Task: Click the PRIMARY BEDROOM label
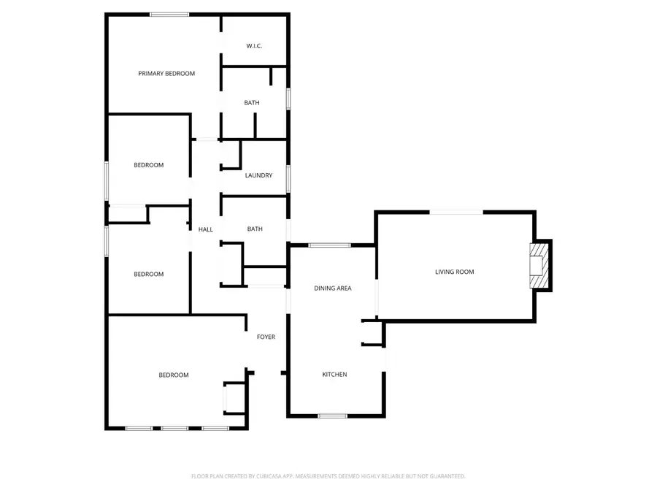click(x=166, y=73)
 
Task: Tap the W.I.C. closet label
click(x=254, y=46)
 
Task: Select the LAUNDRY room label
click(x=258, y=175)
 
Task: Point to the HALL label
click(x=206, y=229)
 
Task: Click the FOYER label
click(x=266, y=337)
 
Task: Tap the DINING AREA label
click(x=333, y=288)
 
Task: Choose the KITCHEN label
click(x=334, y=375)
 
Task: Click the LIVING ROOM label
click(x=454, y=272)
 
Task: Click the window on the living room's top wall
click(x=456, y=213)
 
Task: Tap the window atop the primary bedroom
click(x=169, y=14)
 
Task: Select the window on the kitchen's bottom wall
click(x=332, y=416)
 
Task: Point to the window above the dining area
click(x=329, y=245)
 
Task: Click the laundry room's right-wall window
click(x=288, y=177)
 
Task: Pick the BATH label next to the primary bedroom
click(x=251, y=103)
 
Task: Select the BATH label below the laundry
click(x=255, y=229)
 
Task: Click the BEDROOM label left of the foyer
click(x=174, y=375)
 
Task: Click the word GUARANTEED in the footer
click(x=447, y=476)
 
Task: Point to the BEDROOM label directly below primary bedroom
click(x=148, y=165)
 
